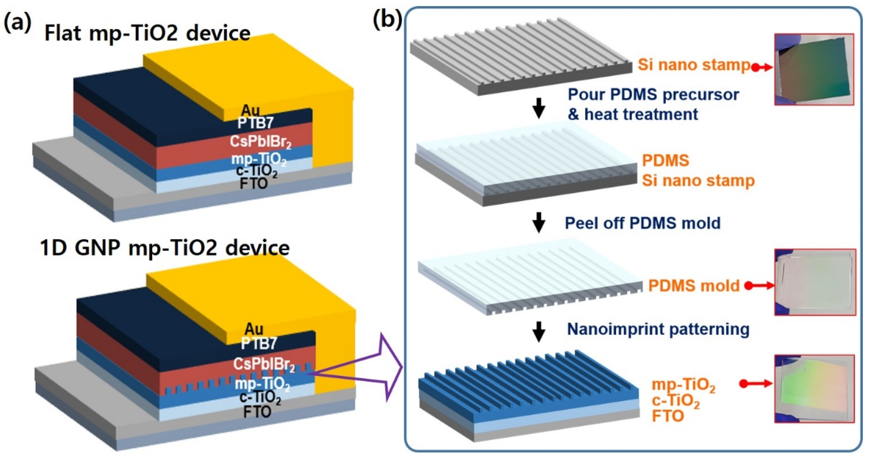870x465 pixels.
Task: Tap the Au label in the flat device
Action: click(x=251, y=110)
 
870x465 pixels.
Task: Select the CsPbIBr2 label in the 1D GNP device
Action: click(x=264, y=364)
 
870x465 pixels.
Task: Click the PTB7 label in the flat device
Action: click(x=255, y=123)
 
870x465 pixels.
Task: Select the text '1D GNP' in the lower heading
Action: click(x=80, y=248)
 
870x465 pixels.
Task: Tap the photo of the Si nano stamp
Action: click(x=814, y=69)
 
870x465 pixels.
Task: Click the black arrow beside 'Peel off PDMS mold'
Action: click(x=539, y=222)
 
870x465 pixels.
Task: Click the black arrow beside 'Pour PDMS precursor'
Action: click(x=539, y=108)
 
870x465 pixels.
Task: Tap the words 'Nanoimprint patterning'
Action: click(x=658, y=329)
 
